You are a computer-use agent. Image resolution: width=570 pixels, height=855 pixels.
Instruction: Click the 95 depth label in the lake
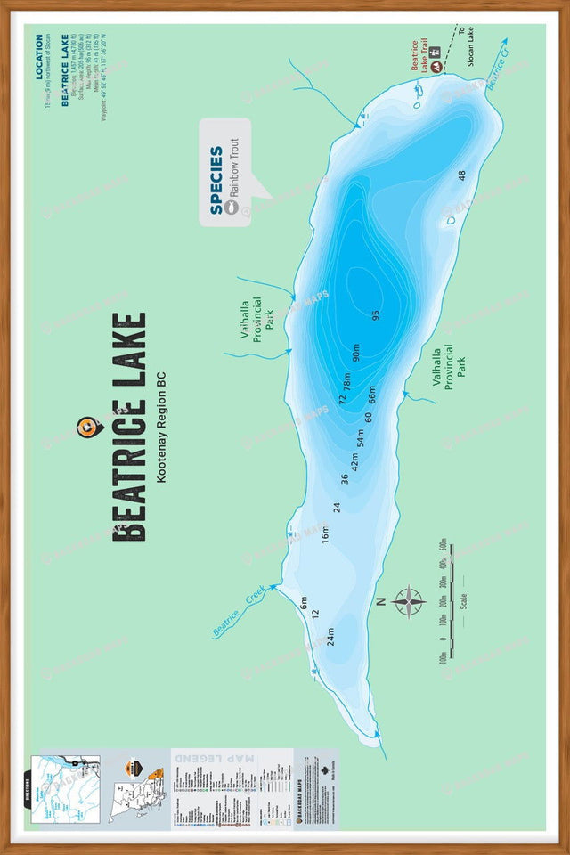[x=376, y=314]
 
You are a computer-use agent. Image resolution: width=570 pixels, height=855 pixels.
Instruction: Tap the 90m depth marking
[x=355, y=353]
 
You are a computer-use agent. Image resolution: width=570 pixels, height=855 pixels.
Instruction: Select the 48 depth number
[x=461, y=175]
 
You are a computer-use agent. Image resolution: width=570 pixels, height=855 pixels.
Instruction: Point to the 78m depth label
[x=347, y=382]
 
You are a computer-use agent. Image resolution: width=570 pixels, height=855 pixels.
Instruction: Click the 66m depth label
[x=372, y=392]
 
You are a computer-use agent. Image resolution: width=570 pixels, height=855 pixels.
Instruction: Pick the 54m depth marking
[x=361, y=437]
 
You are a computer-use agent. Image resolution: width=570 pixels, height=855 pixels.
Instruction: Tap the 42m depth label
[x=354, y=461]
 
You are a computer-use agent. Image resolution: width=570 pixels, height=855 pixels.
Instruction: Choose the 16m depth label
[x=325, y=534]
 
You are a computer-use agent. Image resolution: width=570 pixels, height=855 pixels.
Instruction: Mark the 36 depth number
[x=344, y=478]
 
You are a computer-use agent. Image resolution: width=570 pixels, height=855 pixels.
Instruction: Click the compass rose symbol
[x=408, y=601]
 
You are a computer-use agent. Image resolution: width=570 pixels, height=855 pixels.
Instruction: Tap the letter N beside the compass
[x=380, y=602]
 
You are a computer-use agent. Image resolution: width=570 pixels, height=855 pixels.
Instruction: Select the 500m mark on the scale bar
[x=442, y=544]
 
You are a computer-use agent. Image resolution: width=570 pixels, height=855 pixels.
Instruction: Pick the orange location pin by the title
[x=87, y=427]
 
